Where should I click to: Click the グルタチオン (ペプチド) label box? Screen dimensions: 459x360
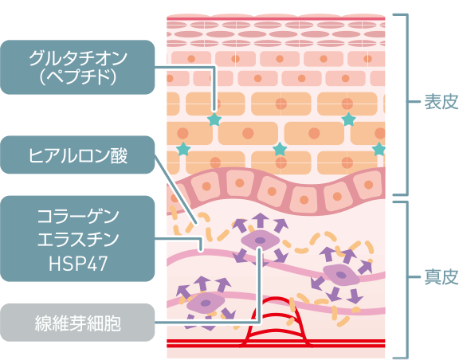[x=77, y=67]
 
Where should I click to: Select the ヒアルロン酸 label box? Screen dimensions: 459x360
[x=77, y=155]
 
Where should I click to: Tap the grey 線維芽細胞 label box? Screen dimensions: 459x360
[x=77, y=323]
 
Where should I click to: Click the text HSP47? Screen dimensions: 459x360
[x=78, y=264]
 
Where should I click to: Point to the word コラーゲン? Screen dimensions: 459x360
[x=78, y=217]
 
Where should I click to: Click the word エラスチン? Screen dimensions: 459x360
[x=78, y=240]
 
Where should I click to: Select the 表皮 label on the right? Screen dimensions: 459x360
[x=441, y=102]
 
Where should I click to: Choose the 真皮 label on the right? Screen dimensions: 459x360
[x=441, y=276]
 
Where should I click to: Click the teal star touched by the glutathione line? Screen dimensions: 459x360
[x=214, y=119]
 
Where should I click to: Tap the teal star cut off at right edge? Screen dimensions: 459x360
[x=379, y=149]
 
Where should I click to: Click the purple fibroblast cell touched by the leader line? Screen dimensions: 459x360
[x=260, y=241]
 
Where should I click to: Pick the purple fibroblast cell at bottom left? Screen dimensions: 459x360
[x=206, y=303]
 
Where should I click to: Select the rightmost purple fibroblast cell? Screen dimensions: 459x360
[x=341, y=275]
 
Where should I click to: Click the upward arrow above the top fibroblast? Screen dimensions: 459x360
[x=260, y=220]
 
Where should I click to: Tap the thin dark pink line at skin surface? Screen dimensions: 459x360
[x=276, y=19]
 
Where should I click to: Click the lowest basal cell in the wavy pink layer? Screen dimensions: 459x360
[x=304, y=200]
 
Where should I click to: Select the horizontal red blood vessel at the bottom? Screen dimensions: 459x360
[x=276, y=343]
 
